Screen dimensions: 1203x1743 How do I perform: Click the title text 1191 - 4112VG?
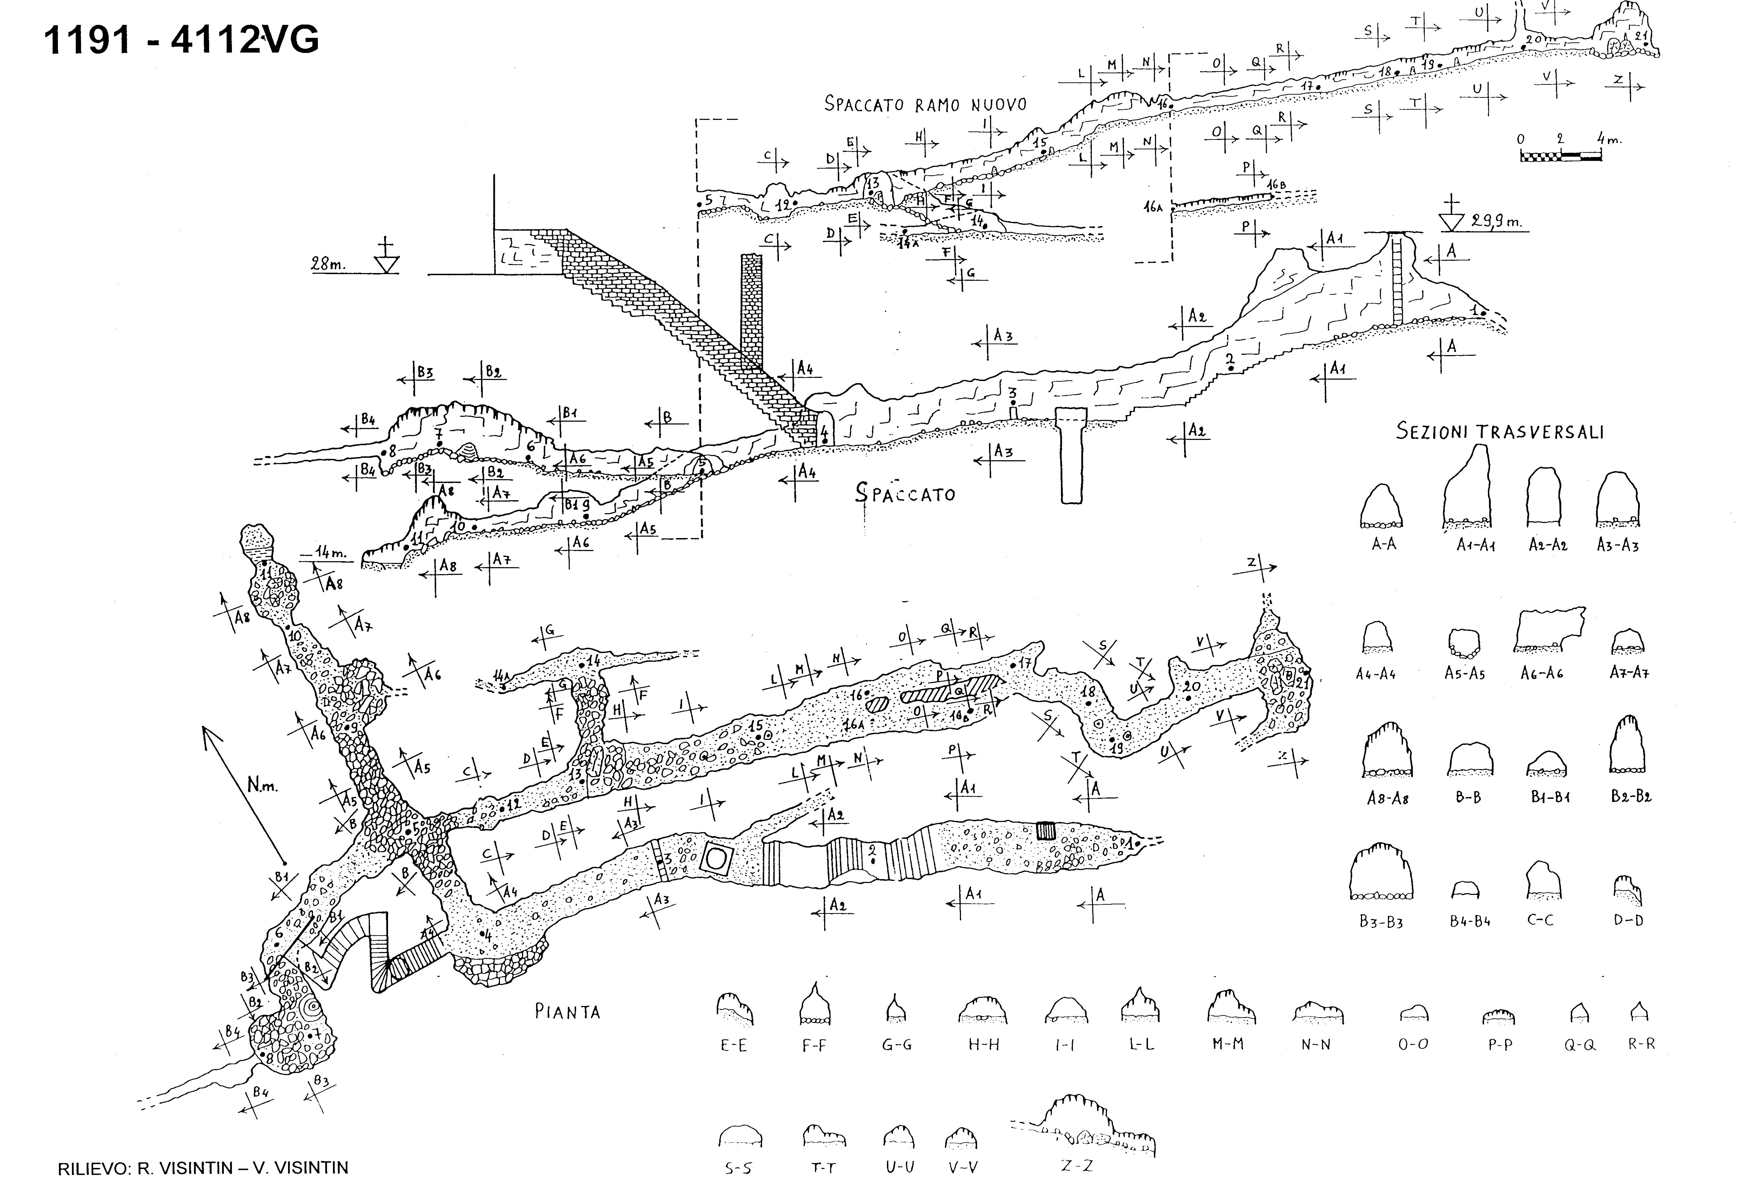coord(181,39)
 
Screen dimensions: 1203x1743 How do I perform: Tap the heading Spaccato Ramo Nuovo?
coord(925,104)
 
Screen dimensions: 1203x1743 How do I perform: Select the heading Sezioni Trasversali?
coord(1500,432)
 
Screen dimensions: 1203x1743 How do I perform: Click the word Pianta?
coord(567,1012)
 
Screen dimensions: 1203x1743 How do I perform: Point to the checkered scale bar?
coord(1560,156)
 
